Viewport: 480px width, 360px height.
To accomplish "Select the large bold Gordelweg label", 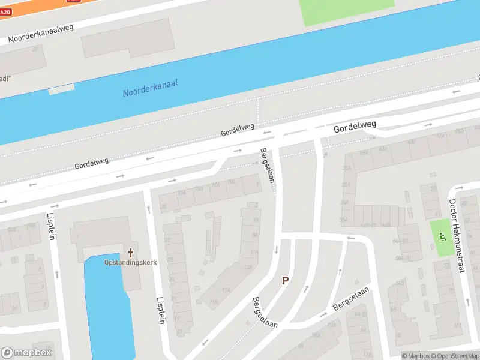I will point(355,127).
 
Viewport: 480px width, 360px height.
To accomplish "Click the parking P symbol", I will point(286,280).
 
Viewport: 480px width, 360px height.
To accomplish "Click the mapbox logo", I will point(26,353).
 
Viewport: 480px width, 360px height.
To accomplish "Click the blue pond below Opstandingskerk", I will point(108,306).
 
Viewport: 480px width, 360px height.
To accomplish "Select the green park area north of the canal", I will point(347,11).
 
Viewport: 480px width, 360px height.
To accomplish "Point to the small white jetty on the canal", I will point(61,89).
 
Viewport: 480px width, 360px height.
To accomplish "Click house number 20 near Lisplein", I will point(164,207).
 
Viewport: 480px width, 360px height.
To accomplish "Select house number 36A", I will point(344,220).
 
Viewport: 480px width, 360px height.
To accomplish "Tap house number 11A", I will point(254,251).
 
